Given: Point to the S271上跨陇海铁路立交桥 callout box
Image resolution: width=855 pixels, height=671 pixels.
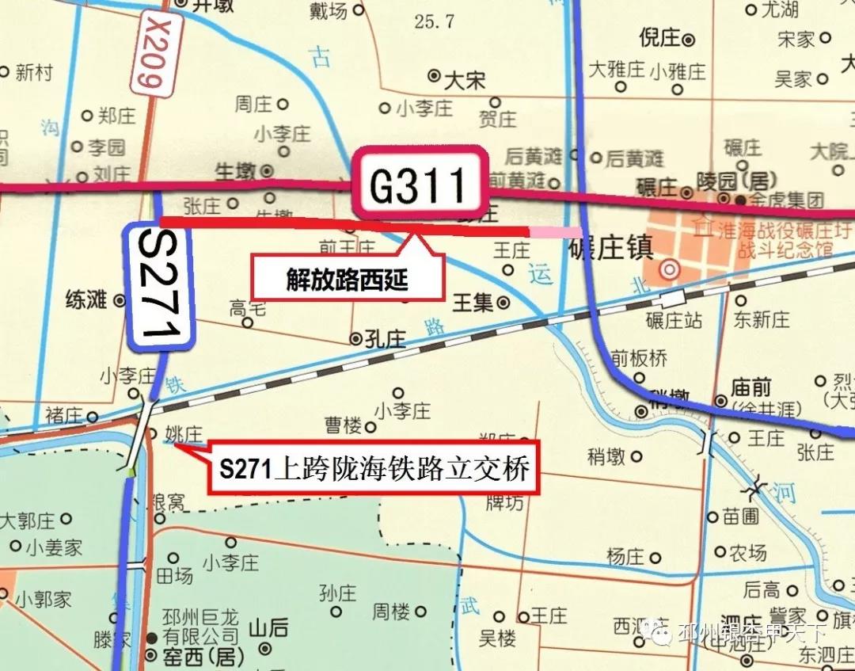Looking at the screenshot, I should pos(374,467).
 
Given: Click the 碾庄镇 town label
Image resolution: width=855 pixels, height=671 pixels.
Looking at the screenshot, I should pos(610,250).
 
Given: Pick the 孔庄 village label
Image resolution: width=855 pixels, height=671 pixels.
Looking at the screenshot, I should pos(386,340).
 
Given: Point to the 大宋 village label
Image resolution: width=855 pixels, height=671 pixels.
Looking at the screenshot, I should pos(465,80).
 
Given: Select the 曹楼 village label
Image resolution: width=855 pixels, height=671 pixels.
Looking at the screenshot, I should pos(344,425).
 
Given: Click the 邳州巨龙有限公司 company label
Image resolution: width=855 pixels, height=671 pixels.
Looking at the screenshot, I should pos(199,627).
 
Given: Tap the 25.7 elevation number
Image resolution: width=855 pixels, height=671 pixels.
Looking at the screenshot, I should pos(434,21).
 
